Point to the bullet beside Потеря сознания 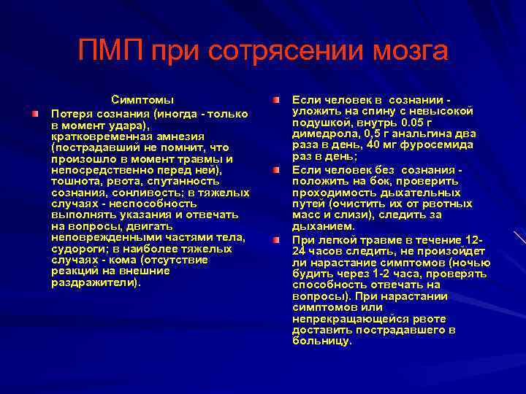[x=35, y=114]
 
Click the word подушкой [x=316, y=122]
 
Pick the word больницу [x=321, y=341]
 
